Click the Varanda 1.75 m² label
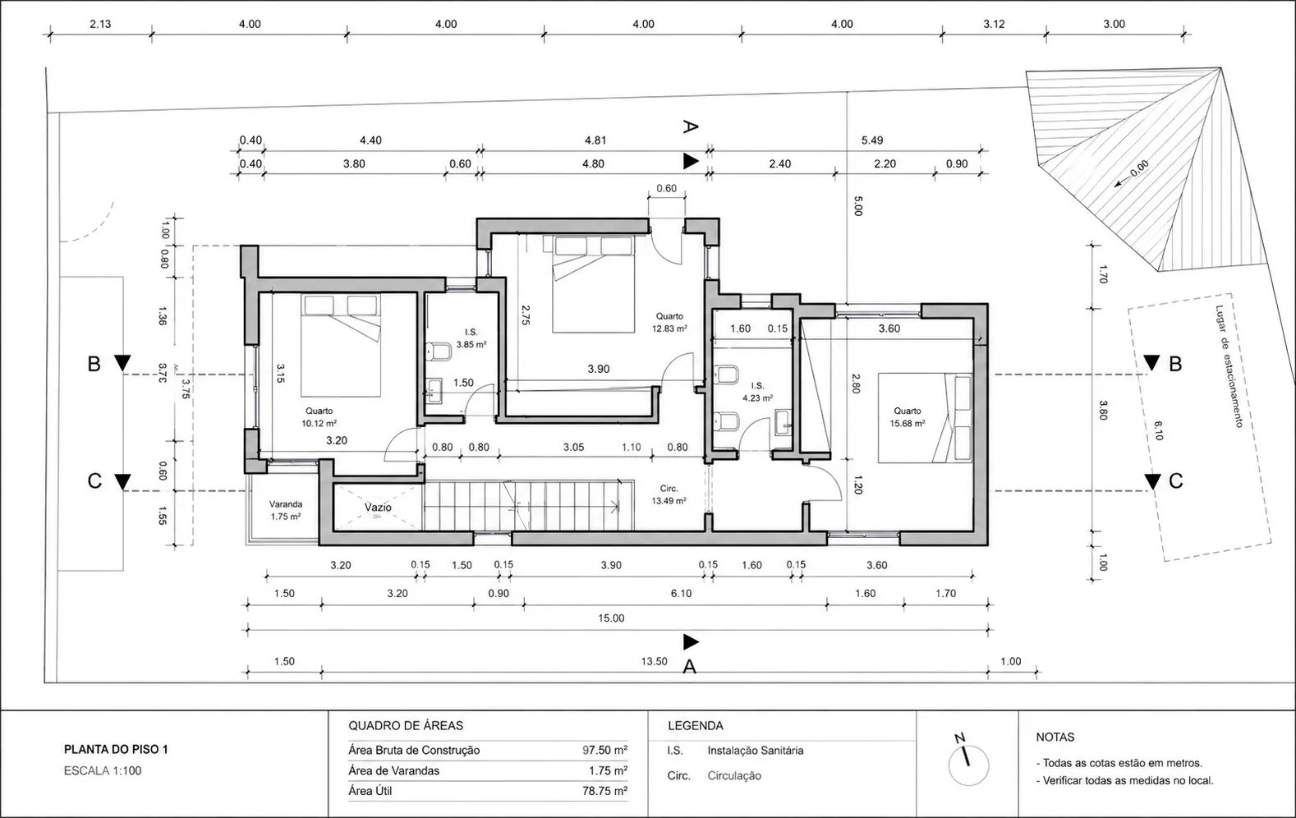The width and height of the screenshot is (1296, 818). pyautogui.click(x=286, y=510)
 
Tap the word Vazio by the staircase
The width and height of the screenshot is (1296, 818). pyautogui.click(x=378, y=508)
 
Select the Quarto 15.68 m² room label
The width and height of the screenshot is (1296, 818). pyautogui.click(x=908, y=417)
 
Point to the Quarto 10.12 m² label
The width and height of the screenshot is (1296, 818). pyautogui.click(x=319, y=417)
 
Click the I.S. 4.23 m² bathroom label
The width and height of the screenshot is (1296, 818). pyautogui.click(x=757, y=392)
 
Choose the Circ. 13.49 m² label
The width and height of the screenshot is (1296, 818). pyautogui.click(x=669, y=494)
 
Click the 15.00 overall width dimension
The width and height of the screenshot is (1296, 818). pyautogui.click(x=611, y=618)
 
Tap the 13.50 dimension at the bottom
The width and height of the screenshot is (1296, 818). pyautogui.click(x=654, y=661)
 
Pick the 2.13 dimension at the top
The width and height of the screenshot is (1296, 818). pyautogui.click(x=100, y=24)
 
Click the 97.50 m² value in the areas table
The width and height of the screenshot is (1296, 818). pyautogui.click(x=604, y=750)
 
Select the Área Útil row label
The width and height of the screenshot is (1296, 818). pyautogui.click(x=370, y=791)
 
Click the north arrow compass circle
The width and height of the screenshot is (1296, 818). pyautogui.click(x=968, y=765)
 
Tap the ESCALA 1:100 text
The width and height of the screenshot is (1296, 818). pyautogui.click(x=103, y=770)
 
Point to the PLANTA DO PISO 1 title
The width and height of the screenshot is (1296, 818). pyautogui.click(x=116, y=749)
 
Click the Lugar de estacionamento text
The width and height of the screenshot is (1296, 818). pyautogui.click(x=1229, y=367)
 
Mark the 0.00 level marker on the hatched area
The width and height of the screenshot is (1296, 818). pyautogui.click(x=1138, y=168)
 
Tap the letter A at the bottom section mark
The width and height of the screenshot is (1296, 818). pyautogui.click(x=689, y=667)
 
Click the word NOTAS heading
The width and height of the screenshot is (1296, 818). pyautogui.click(x=1055, y=737)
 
